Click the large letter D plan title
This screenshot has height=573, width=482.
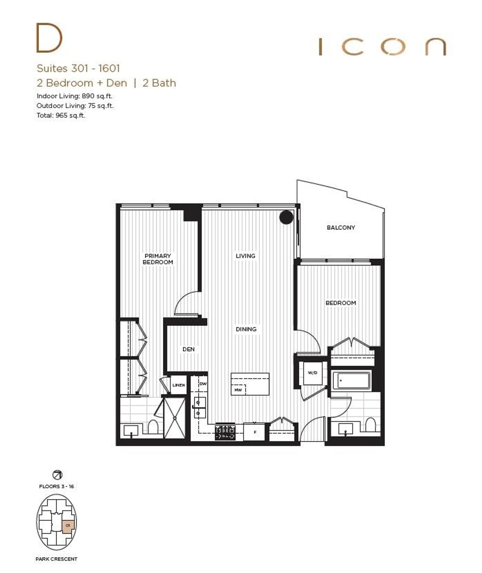(x=49, y=38)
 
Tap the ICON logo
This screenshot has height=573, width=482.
(x=382, y=46)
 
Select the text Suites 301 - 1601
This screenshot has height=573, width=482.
(x=78, y=68)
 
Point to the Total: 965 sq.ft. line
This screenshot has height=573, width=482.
(x=61, y=115)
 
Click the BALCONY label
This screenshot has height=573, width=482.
(x=341, y=227)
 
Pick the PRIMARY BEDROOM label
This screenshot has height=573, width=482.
(x=158, y=259)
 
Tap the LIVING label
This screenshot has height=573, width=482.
(x=245, y=256)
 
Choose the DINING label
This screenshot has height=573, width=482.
(x=246, y=329)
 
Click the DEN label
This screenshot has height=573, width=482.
(x=189, y=349)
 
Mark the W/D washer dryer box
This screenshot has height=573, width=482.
(x=312, y=373)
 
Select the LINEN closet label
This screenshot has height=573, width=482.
(x=178, y=385)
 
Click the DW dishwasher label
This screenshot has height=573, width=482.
(x=203, y=384)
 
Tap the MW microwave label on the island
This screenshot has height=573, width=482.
(x=238, y=390)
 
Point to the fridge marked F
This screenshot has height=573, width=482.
(x=254, y=432)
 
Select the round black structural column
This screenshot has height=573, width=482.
(x=286, y=217)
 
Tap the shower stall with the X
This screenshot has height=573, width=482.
(x=174, y=418)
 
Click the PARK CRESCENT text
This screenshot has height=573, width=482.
(x=56, y=559)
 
